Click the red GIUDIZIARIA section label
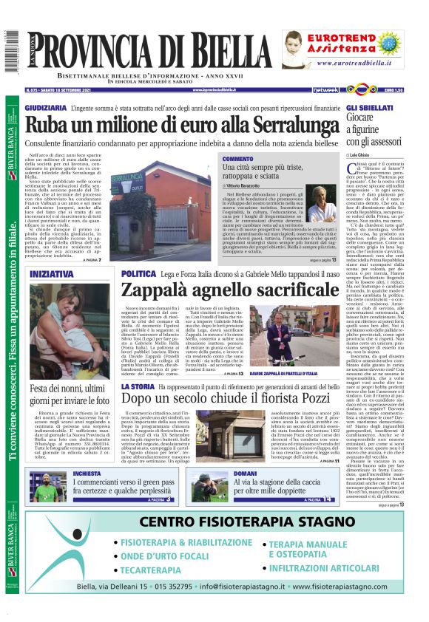(46, 108)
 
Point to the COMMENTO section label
(237, 159)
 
